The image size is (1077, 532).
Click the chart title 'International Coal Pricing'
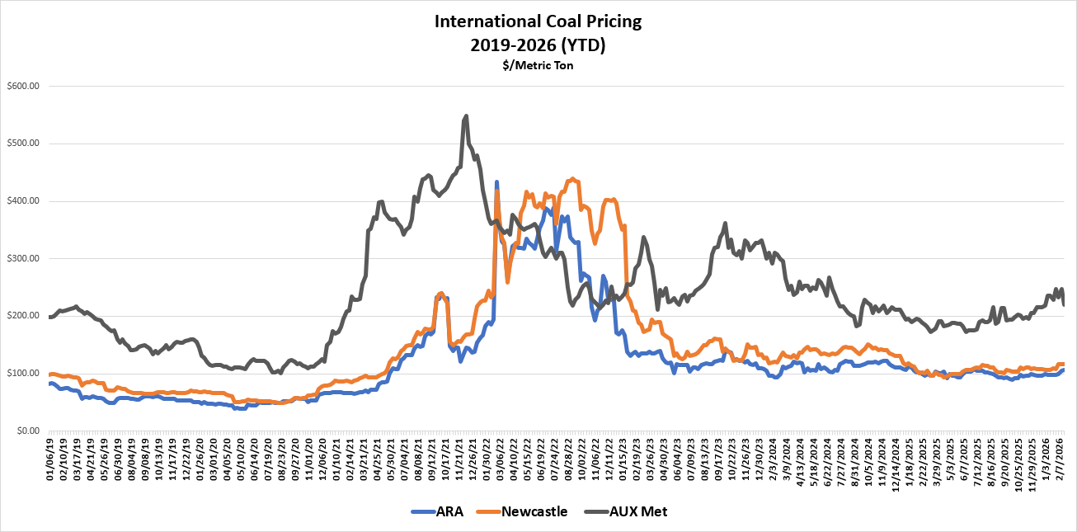coord(538,21)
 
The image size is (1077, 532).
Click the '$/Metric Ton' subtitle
coord(538,64)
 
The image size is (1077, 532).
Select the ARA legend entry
coord(438,511)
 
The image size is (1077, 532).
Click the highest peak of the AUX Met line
coord(467,116)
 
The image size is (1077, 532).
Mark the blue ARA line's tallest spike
coord(496,182)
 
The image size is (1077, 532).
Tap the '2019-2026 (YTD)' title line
coord(538,45)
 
